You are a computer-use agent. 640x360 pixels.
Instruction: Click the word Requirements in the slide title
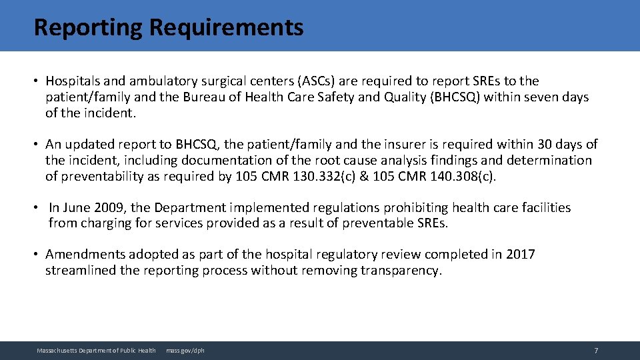pos(226,27)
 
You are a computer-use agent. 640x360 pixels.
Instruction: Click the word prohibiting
pos(367,207)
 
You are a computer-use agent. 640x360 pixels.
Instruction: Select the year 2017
pos(520,254)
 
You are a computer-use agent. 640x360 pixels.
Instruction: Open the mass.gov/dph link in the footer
pos(185,351)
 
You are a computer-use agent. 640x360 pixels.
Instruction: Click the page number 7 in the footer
pos(596,351)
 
